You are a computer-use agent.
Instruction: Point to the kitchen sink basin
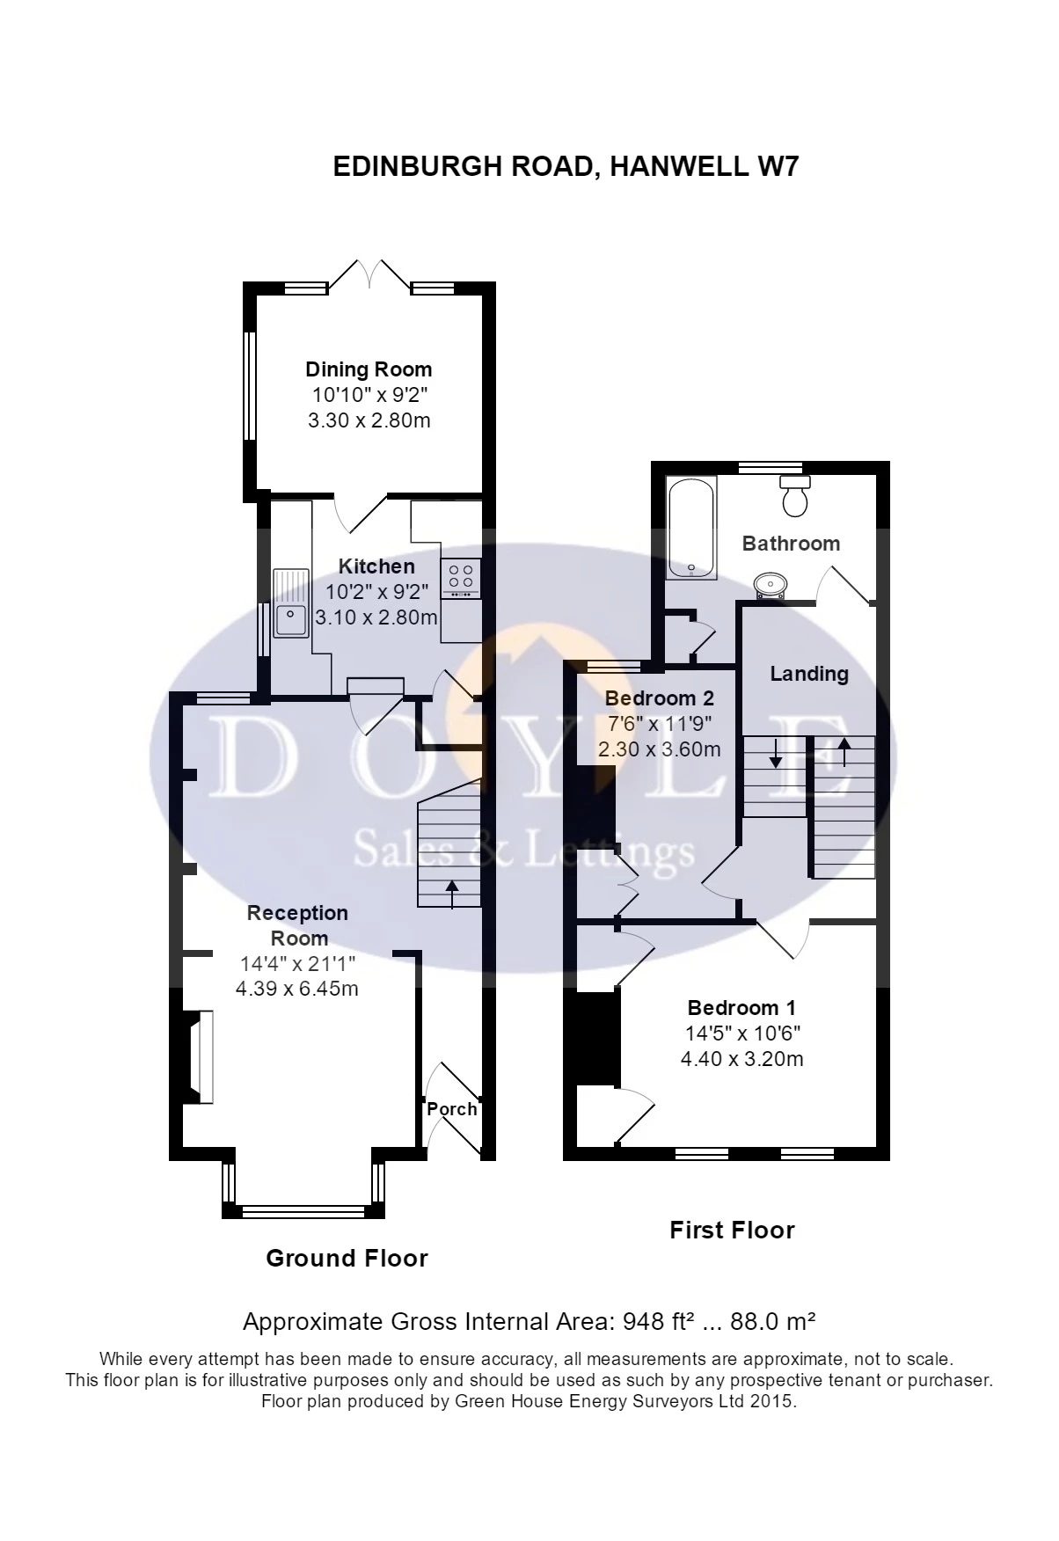[x=290, y=619]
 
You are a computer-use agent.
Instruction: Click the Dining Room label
[x=369, y=369]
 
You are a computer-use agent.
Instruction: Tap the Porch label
[x=452, y=1108]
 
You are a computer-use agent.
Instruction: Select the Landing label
[x=809, y=674]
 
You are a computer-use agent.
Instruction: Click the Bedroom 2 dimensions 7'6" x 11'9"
[x=659, y=724]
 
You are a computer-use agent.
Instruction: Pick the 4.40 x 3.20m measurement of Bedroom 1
[x=742, y=1059]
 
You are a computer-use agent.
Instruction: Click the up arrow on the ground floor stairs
[x=452, y=893]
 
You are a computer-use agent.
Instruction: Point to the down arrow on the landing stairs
[x=775, y=752]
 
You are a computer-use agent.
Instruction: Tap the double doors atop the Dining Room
[x=369, y=273]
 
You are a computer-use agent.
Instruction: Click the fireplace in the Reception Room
[x=199, y=1056]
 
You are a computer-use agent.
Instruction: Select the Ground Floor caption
[x=347, y=1259]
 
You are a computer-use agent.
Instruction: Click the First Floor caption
[x=732, y=1230]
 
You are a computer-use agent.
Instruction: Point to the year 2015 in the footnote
[x=773, y=1401]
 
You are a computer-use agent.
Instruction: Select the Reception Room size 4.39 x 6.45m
[x=297, y=989]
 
